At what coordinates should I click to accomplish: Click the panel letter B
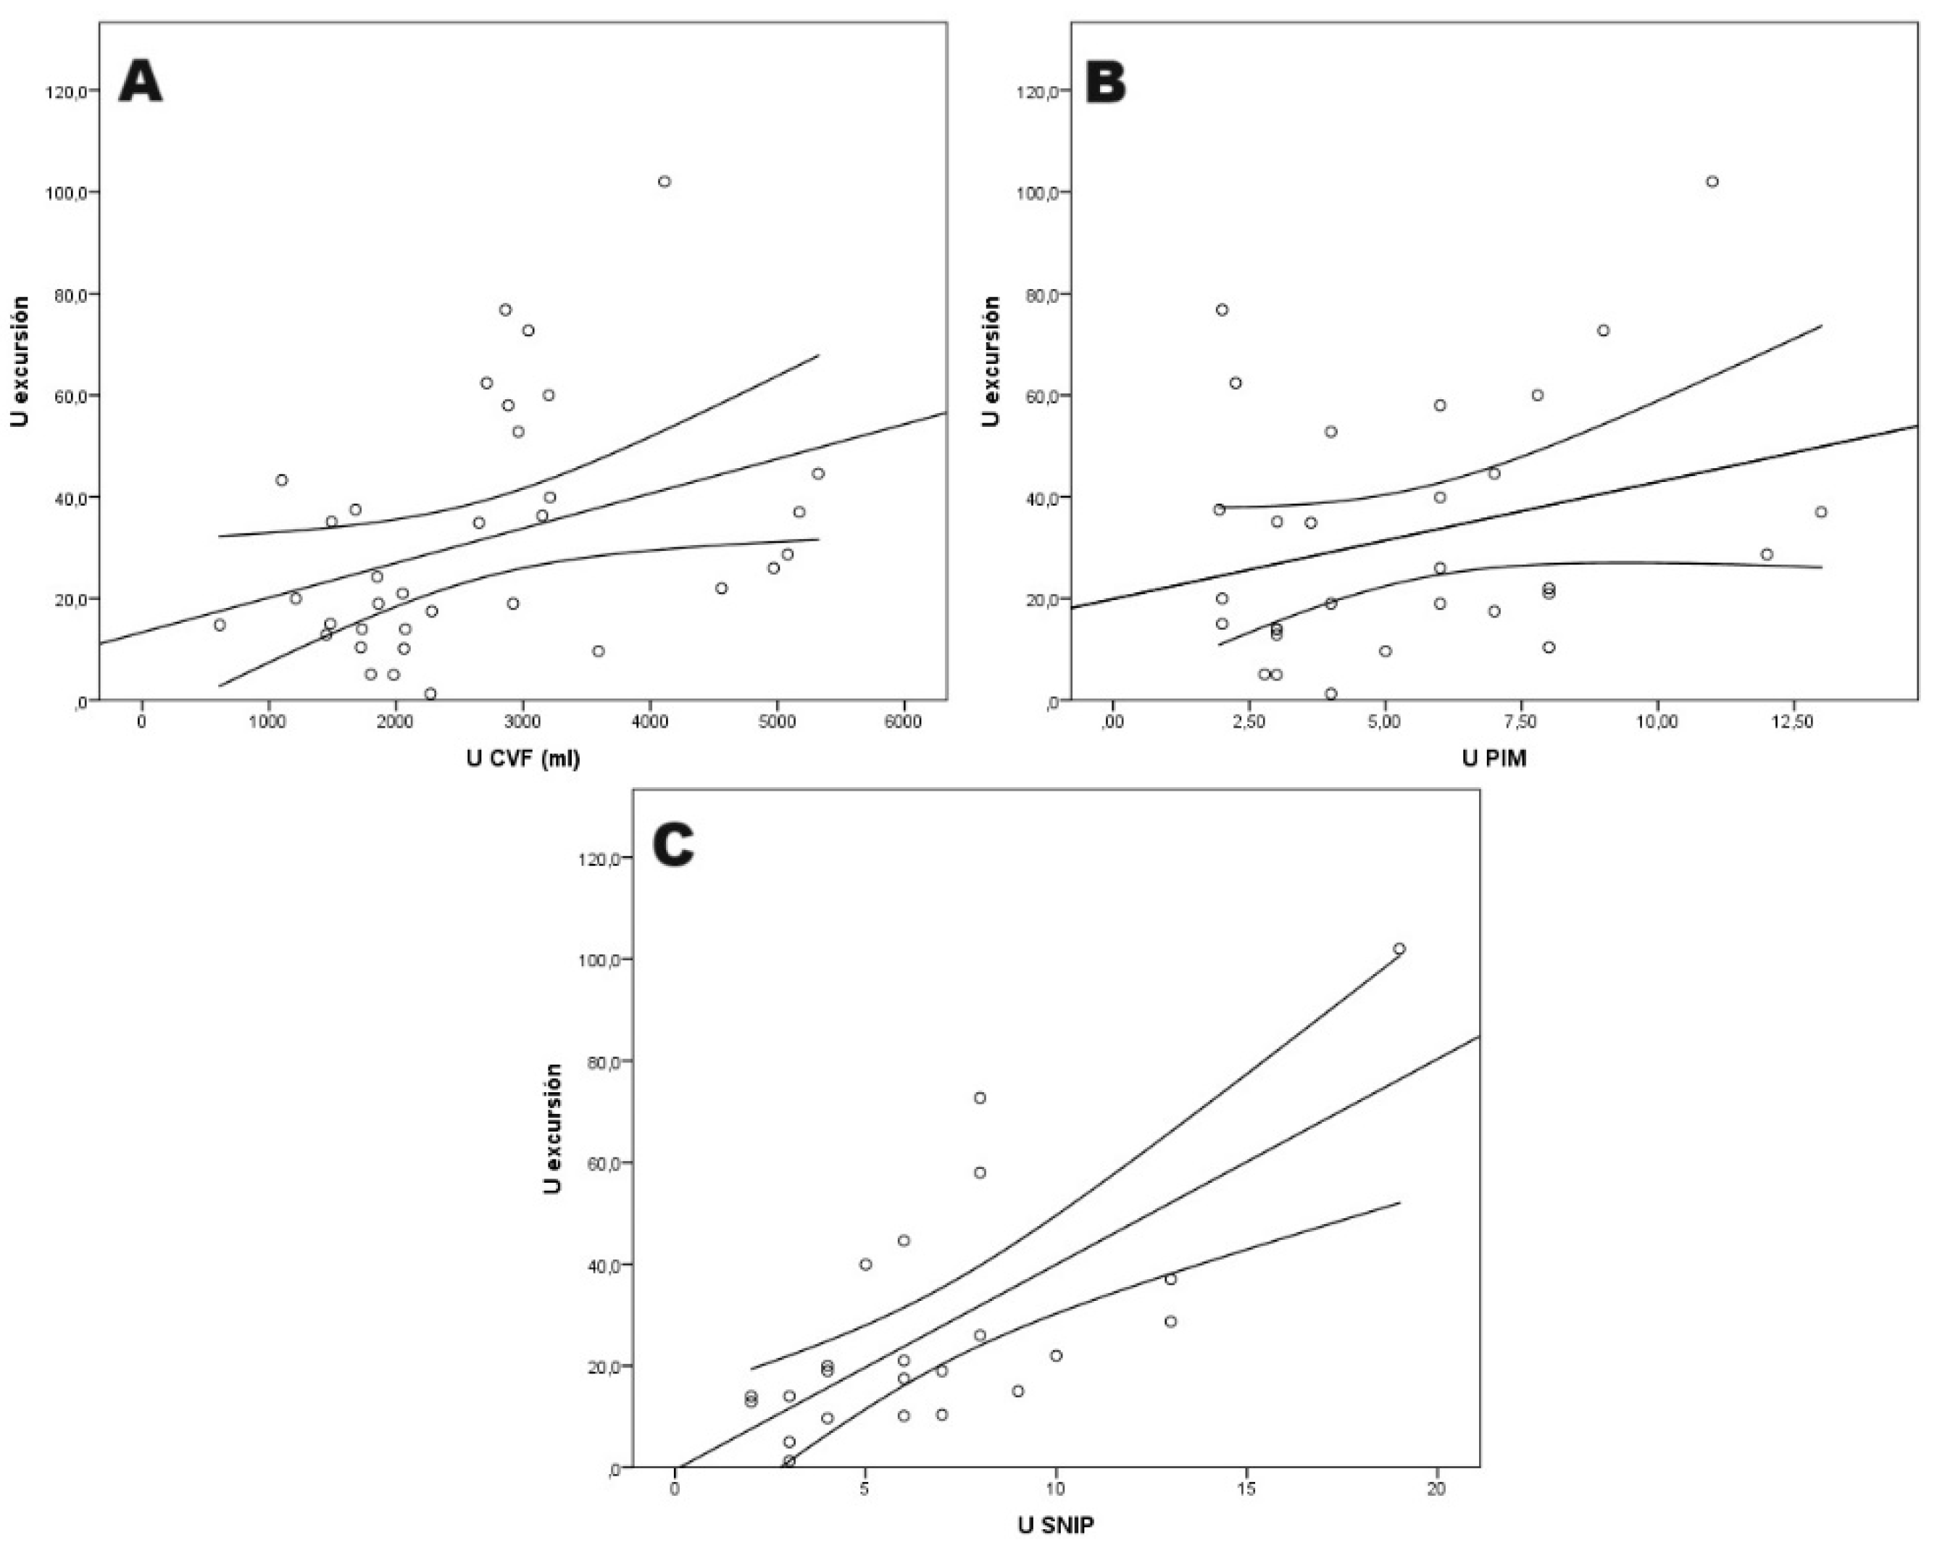click(x=1106, y=83)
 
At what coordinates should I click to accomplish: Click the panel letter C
click(x=673, y=846)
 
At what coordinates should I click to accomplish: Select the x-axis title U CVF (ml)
click(x=523, y=760)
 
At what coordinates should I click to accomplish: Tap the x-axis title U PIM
click(x=1494, y=760)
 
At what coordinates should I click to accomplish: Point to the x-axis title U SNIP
click(x=1056, y=1526)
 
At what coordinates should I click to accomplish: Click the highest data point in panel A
click(x=664, y=181)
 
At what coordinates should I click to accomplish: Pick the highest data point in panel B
click(x=1712, y=181)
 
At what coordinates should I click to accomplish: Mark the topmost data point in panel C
click(x=1399, y=949)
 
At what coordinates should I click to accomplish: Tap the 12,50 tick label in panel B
click(x=1794, y=721)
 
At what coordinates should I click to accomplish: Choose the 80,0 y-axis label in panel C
click(x=599, y=1062)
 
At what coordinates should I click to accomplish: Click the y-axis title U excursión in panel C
click(x=554, y=1128)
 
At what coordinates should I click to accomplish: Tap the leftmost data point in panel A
click(x=220, y=625)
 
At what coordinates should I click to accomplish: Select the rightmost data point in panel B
click(x=1820, y=512)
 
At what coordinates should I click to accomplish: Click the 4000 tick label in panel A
click(x=649, y=721)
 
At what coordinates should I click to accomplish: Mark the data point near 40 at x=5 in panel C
click(x=865, y=1264)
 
